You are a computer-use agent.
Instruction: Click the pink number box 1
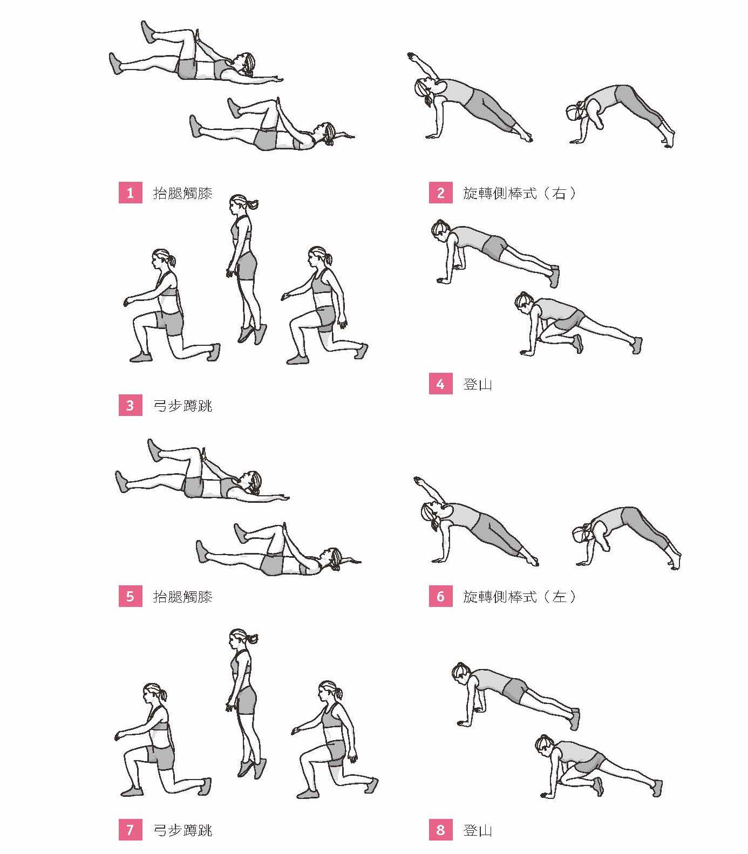[130, 193]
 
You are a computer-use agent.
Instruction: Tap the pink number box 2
[440, 193]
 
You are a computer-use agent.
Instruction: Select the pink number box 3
[130, 405]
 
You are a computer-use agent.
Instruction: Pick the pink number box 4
[440, 384]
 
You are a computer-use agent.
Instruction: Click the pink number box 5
[130, 596]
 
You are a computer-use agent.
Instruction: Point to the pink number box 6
[440, 596]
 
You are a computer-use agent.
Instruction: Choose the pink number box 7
[130, 829]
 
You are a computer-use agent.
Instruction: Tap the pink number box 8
[440, 829]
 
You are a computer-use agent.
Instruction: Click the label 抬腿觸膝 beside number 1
[183, 193]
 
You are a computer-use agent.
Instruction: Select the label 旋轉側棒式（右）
[520, 193]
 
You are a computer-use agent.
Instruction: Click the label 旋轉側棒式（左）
[520, 596]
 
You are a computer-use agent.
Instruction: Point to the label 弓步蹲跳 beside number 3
[183, 405]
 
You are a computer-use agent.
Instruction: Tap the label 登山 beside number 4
[478, 384]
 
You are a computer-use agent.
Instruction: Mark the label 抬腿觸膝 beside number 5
[183, 596]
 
